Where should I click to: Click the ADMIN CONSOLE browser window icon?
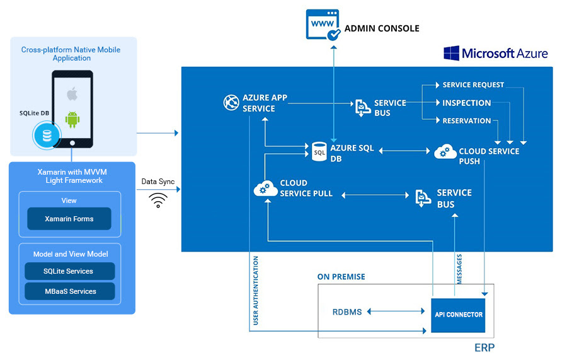click(x=323, y=26)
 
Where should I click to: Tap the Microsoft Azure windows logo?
click(x=451, y=53)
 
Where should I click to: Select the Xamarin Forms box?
click(x=69, y=219)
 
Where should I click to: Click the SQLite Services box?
click(x=69, y=271)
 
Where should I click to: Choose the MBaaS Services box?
click(x=69, y=291)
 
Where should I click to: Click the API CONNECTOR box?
click(x=459, y=314)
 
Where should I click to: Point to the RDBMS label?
click(x=347, y=312)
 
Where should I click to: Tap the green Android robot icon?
click(x=72, y=119)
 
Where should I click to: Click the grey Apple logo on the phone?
click(x=72, y=95)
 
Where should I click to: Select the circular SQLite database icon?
click(x=46, y=135)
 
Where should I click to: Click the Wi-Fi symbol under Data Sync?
click(x=157, y=200)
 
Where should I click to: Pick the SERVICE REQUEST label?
click(x=473, y=85)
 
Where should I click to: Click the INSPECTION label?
click(x=467, y=103)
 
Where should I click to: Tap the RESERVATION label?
click(x=467, y=120)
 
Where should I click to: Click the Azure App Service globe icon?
click(x=231, y=103)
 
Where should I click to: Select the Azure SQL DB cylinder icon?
click(x=319, y=152)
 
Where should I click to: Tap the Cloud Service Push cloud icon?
click(x=445, y=152)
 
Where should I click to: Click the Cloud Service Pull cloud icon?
click(x=265, y=188)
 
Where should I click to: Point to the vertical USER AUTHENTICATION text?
click(x=256, y=290)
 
